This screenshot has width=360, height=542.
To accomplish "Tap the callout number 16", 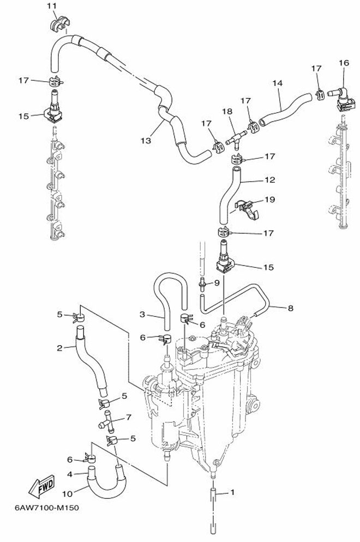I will coord(343,63).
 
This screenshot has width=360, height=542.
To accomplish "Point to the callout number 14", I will coord(277,83).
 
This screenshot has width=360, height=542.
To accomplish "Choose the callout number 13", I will coord(145,140).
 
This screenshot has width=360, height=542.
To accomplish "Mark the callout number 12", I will coord(269,179).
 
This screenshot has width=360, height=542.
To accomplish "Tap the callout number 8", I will coord(291,308).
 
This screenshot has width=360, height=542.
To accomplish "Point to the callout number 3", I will coord(142,314).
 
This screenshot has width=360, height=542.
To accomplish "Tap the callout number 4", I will coord(69,474).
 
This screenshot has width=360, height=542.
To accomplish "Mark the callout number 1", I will coord(233,492).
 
